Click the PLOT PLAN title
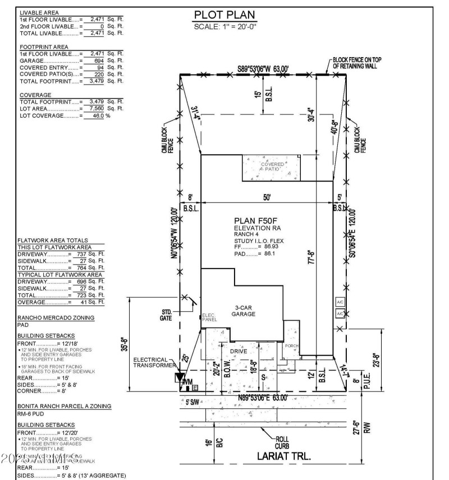(224, 15)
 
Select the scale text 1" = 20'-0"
(224, 26)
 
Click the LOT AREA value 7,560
(93, 108)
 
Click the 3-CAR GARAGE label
(243, 311)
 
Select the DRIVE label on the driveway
(239, 351)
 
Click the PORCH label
(292, 346)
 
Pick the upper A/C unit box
(340, 302)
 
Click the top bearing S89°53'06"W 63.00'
(262, 68)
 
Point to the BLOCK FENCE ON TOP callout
(355, 62)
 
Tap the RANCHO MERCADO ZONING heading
(56, 318)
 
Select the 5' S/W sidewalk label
(193, 401)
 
